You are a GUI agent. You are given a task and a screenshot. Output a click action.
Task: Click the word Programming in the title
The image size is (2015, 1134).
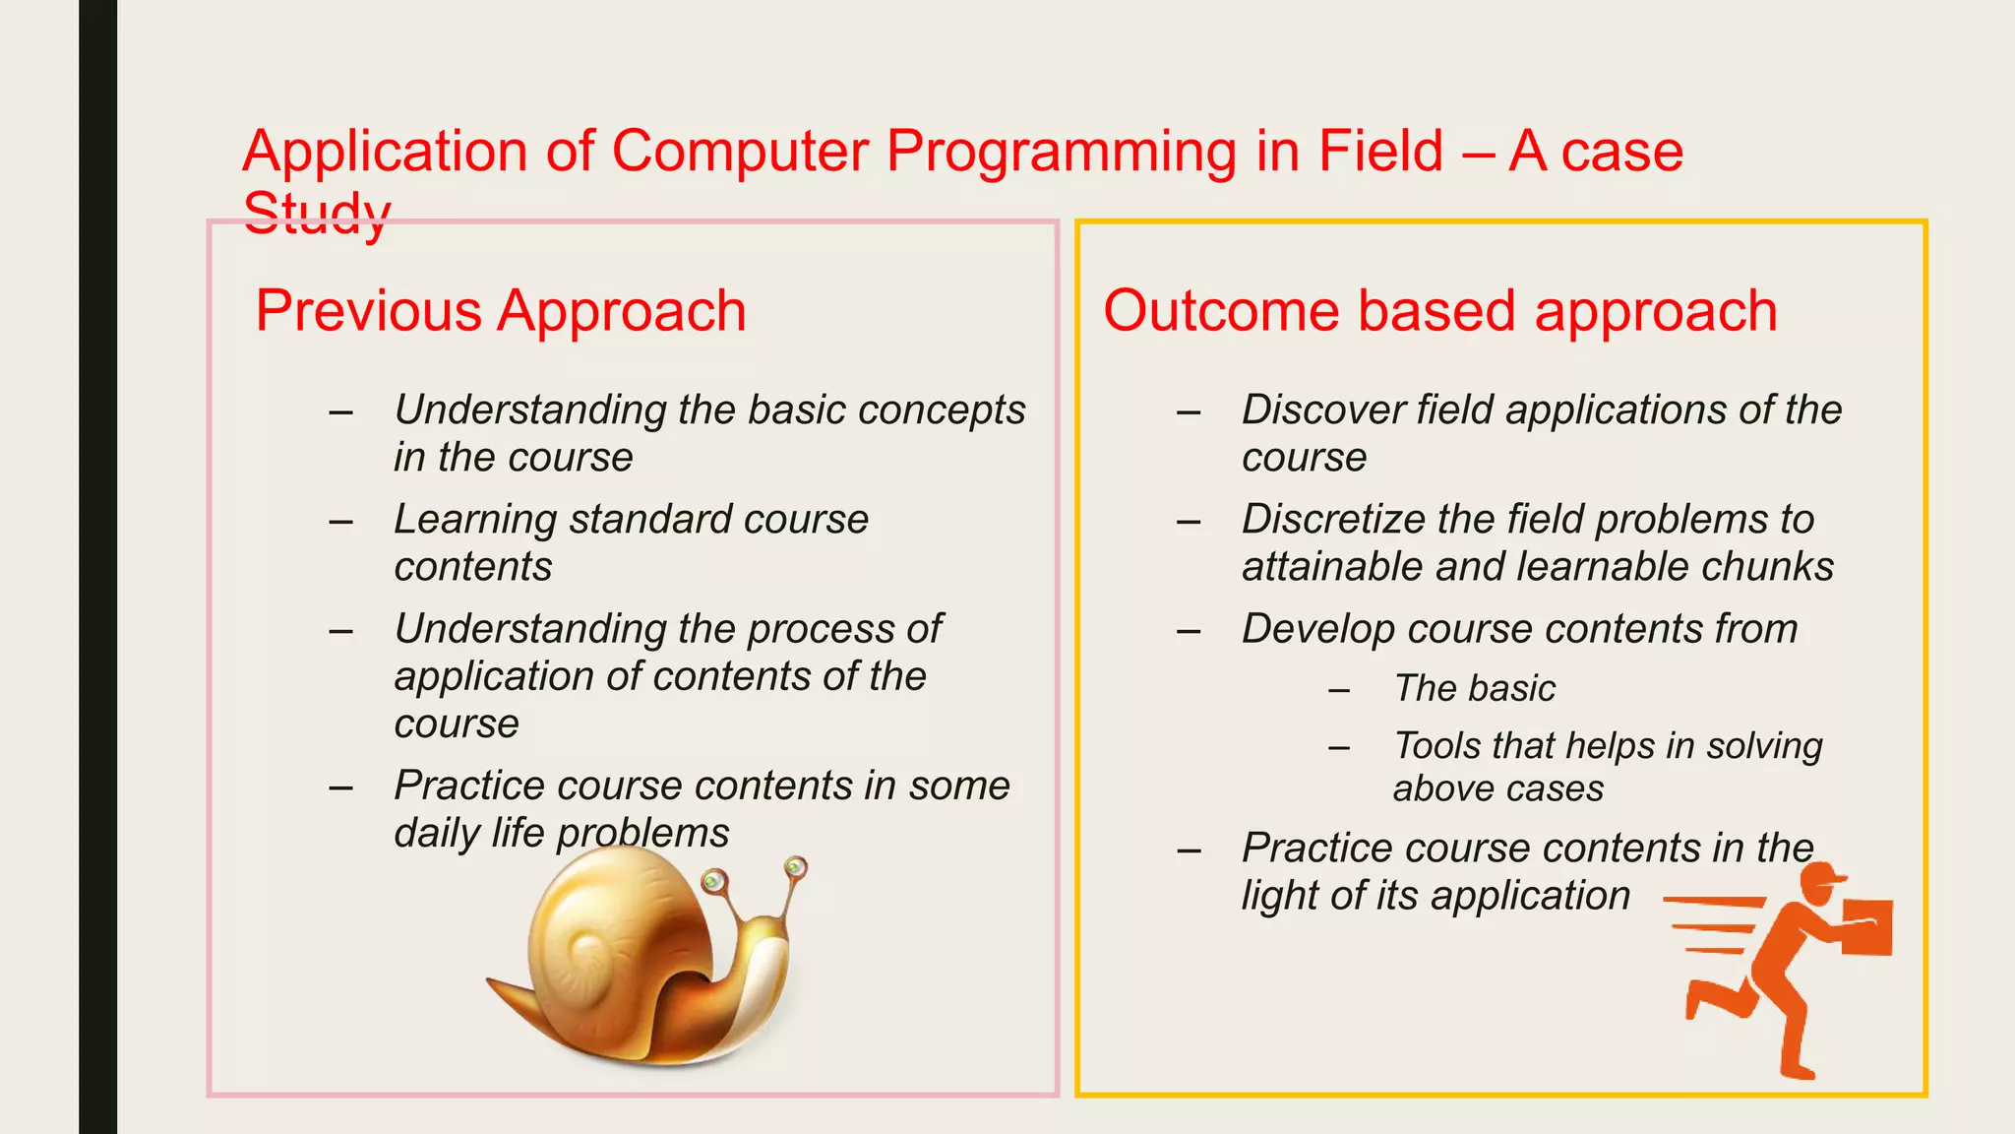coord(1060,152)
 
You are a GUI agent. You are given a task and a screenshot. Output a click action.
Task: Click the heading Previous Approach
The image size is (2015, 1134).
coord(500,311)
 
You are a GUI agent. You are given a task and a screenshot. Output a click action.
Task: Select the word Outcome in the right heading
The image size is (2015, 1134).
coord(1220,311)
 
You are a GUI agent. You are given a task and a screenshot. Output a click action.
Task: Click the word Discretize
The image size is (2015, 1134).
coord(1329,519)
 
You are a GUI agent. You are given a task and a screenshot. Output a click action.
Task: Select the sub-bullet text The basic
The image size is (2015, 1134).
coord(1474,688)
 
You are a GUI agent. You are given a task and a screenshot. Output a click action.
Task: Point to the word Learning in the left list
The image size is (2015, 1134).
coord(475,519)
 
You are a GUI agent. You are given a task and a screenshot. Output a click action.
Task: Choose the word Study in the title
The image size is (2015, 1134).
coord(317,213)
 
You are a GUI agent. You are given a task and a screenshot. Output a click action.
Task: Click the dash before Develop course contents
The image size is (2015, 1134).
coord(1189,630)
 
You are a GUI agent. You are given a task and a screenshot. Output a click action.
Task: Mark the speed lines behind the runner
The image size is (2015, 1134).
coord(1712,925)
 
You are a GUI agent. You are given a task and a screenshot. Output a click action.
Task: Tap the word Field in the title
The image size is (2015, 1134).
coord(1379,152)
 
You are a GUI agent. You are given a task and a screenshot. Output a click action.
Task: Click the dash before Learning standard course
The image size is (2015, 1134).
coord(340,521)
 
